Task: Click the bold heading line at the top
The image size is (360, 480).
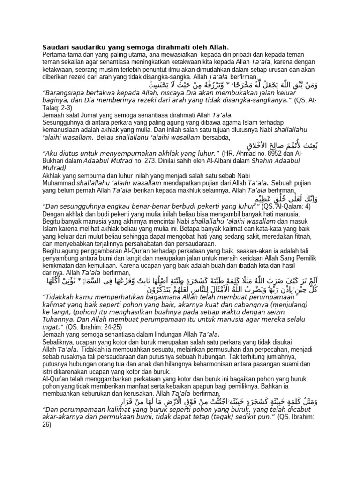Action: point(135,47)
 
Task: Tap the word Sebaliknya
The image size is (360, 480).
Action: point(59,341)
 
